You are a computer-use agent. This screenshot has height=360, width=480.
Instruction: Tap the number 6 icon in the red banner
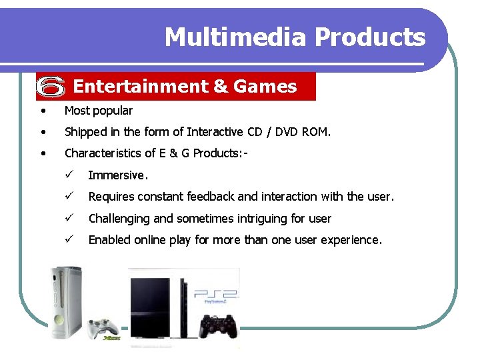[51, 86]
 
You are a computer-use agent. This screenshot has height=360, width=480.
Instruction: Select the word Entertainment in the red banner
[141, 87]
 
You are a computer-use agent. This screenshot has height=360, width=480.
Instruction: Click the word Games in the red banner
[265, 87]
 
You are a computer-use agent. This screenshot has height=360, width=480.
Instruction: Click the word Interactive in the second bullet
[215, 132]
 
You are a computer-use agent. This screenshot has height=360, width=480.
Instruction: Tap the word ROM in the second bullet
[315, 132]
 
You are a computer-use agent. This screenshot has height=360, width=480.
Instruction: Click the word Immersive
[117, 175]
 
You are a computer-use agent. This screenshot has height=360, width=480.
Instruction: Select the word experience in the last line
[351, 240]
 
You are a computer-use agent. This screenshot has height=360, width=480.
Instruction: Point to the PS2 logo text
[214, 294]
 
